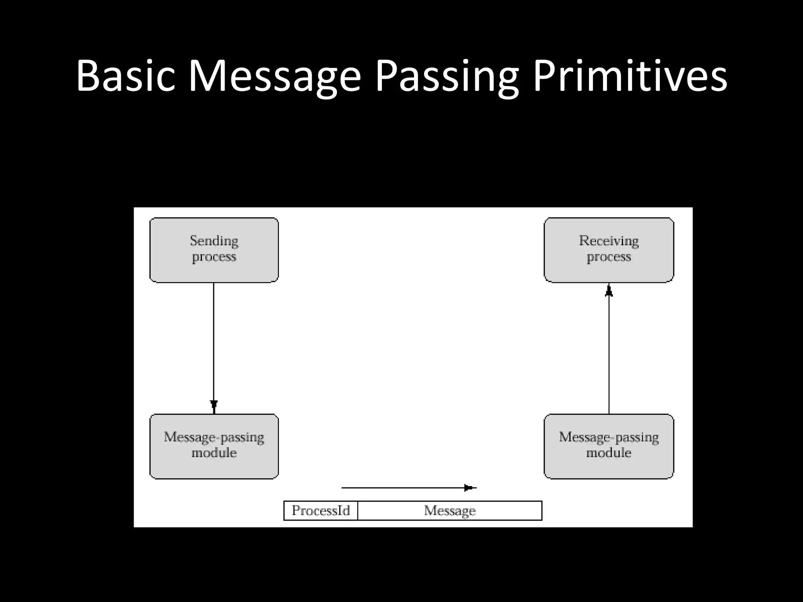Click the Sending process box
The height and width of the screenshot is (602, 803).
pos(214,250)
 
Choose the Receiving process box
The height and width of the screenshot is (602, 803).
pos(609,250)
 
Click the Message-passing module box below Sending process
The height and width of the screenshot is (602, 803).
pos(214,446)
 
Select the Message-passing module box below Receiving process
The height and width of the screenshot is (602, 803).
pos(609,446)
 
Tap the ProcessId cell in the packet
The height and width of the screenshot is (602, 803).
pos(321,510)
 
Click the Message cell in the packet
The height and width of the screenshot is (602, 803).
pos(450,510)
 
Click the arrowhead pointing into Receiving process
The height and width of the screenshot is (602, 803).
pos(609,290)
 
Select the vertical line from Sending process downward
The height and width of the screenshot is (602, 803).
pos(214,341)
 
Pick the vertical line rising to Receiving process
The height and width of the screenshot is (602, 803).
pos(609,353)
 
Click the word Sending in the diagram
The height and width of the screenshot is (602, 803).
pos(214,241)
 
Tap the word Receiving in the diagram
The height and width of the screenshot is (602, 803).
pos(609,241)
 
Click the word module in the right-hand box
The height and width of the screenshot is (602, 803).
pos(609,453)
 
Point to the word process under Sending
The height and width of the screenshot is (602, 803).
pos(214,257)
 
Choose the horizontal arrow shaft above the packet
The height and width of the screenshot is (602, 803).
pos(400,488)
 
